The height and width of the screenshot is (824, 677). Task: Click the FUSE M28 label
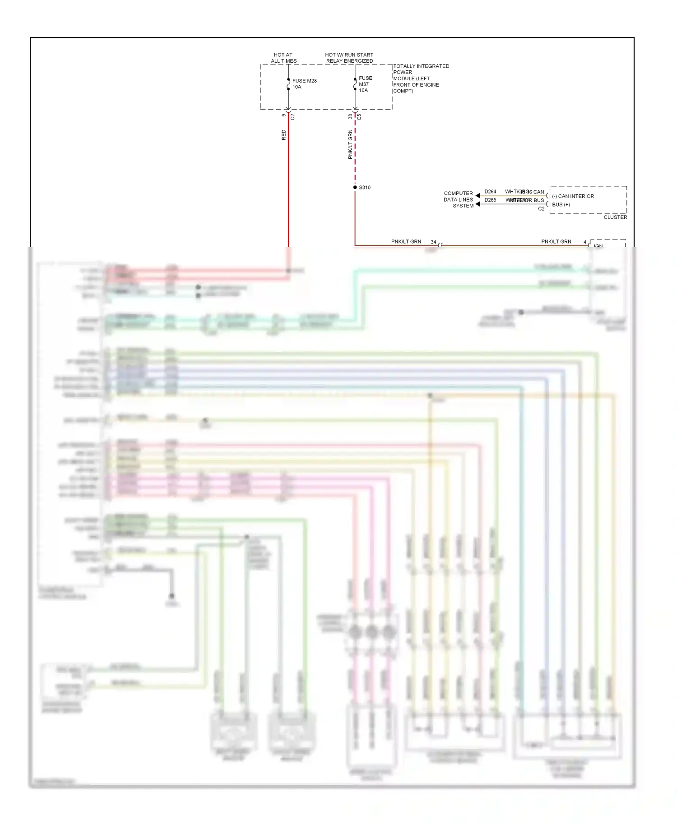coord(304,81)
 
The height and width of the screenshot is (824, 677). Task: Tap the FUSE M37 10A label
coord(365,84)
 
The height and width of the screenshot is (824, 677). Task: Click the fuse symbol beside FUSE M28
coord(288,84)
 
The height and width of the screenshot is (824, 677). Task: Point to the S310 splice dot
coord(355,187)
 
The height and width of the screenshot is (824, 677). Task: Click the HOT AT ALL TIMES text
coord(283,58)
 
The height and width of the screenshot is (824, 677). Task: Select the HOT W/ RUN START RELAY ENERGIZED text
coord(349,58)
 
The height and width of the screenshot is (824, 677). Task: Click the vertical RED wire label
coord(284,135)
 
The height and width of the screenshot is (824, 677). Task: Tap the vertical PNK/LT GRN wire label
coord(350,144)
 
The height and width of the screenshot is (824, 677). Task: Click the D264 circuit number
coord(490,192)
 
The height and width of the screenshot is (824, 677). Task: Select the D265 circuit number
coord(490,200)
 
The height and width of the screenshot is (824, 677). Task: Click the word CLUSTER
coord(615,217)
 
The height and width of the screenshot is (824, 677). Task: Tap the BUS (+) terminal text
coord(561,204)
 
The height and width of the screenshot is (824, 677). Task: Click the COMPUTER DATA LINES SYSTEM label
coord(459,199)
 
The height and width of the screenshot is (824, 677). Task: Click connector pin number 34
coord(433,242)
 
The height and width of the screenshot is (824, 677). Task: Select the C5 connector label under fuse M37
coord(359,116)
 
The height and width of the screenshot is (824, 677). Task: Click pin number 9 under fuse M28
coord(284,115)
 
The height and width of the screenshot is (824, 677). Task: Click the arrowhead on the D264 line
coord(478,196)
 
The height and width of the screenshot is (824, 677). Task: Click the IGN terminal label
coord(598,246)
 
